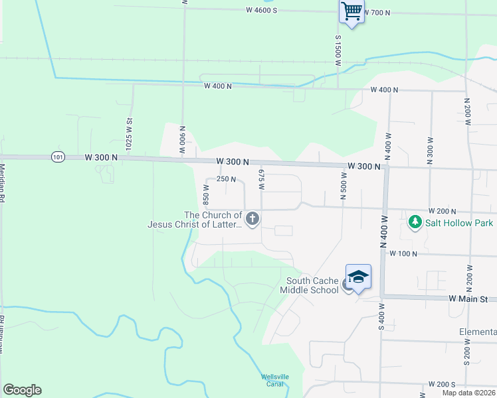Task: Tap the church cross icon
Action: pos(252,218)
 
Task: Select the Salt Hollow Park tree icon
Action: pos(415,222)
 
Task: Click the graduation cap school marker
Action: pos(357,277)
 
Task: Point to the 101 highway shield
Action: pos(57,157)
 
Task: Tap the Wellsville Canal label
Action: pos(274,380)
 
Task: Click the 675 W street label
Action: pos(261,180)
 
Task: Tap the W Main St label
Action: pos(472,299)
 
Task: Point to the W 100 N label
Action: pos(403,253)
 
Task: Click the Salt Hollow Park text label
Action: pos(459,223)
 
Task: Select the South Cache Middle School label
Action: pos(312,285)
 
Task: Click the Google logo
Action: pos(22,390)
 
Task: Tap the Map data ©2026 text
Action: pos(468,393)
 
